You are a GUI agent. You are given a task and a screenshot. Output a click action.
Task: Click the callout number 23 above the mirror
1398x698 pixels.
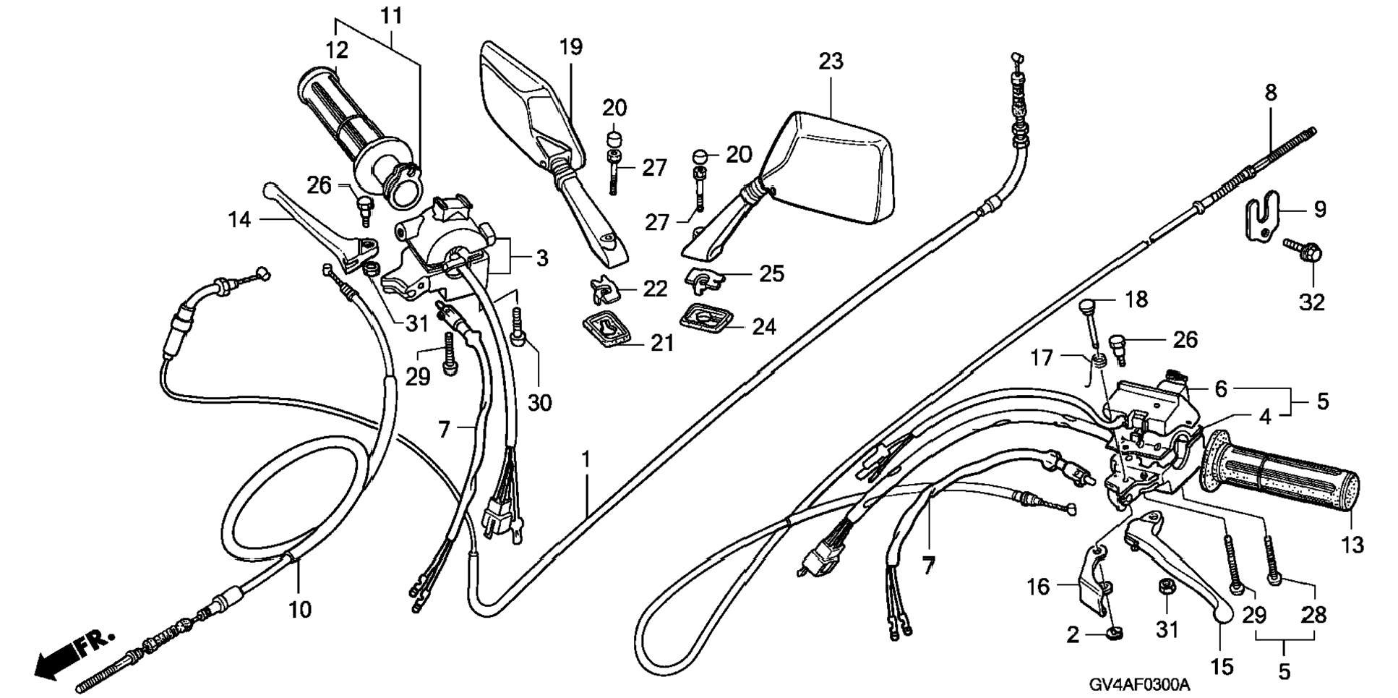point(831,61)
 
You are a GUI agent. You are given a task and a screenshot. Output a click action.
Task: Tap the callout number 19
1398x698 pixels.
point(570,48)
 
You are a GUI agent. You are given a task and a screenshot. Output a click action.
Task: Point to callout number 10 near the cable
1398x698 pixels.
point(300,610)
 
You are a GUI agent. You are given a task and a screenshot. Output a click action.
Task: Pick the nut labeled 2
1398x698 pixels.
point(1115,634)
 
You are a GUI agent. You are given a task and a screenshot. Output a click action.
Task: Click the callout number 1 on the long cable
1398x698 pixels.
point(586,459)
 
